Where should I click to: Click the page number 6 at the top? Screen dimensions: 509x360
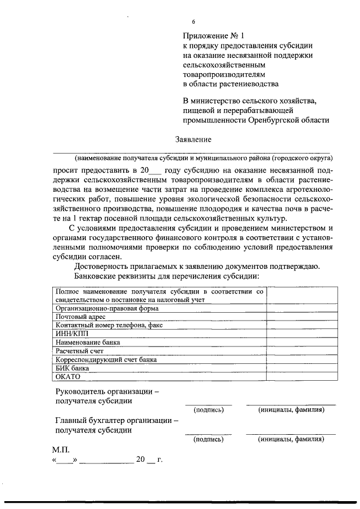(193, 22)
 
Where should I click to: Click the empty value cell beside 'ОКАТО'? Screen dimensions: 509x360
(302, 377)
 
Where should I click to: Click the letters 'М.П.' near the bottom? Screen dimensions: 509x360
(61, 451)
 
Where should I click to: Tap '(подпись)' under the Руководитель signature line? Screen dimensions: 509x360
(208, 410)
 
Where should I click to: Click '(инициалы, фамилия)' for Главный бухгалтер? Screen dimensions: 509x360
(291, 439)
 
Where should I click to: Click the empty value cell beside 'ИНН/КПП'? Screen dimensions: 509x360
(302, 334)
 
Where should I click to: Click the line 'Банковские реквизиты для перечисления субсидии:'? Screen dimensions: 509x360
(166, 276)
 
